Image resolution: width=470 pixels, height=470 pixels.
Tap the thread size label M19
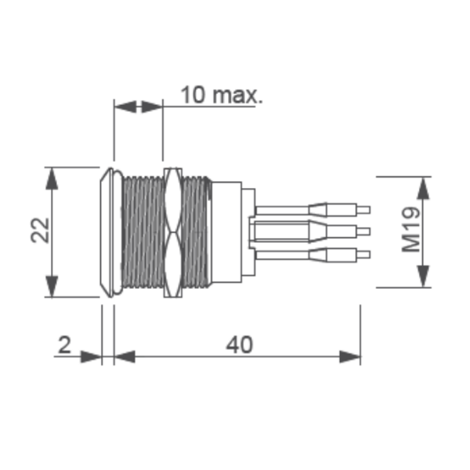(x=412, y=232)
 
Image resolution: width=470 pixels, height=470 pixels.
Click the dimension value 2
(x=65, y=344)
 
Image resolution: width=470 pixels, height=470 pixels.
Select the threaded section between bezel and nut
(x=143, y=232)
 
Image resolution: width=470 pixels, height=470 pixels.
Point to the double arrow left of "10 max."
(x=139, y=105)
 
